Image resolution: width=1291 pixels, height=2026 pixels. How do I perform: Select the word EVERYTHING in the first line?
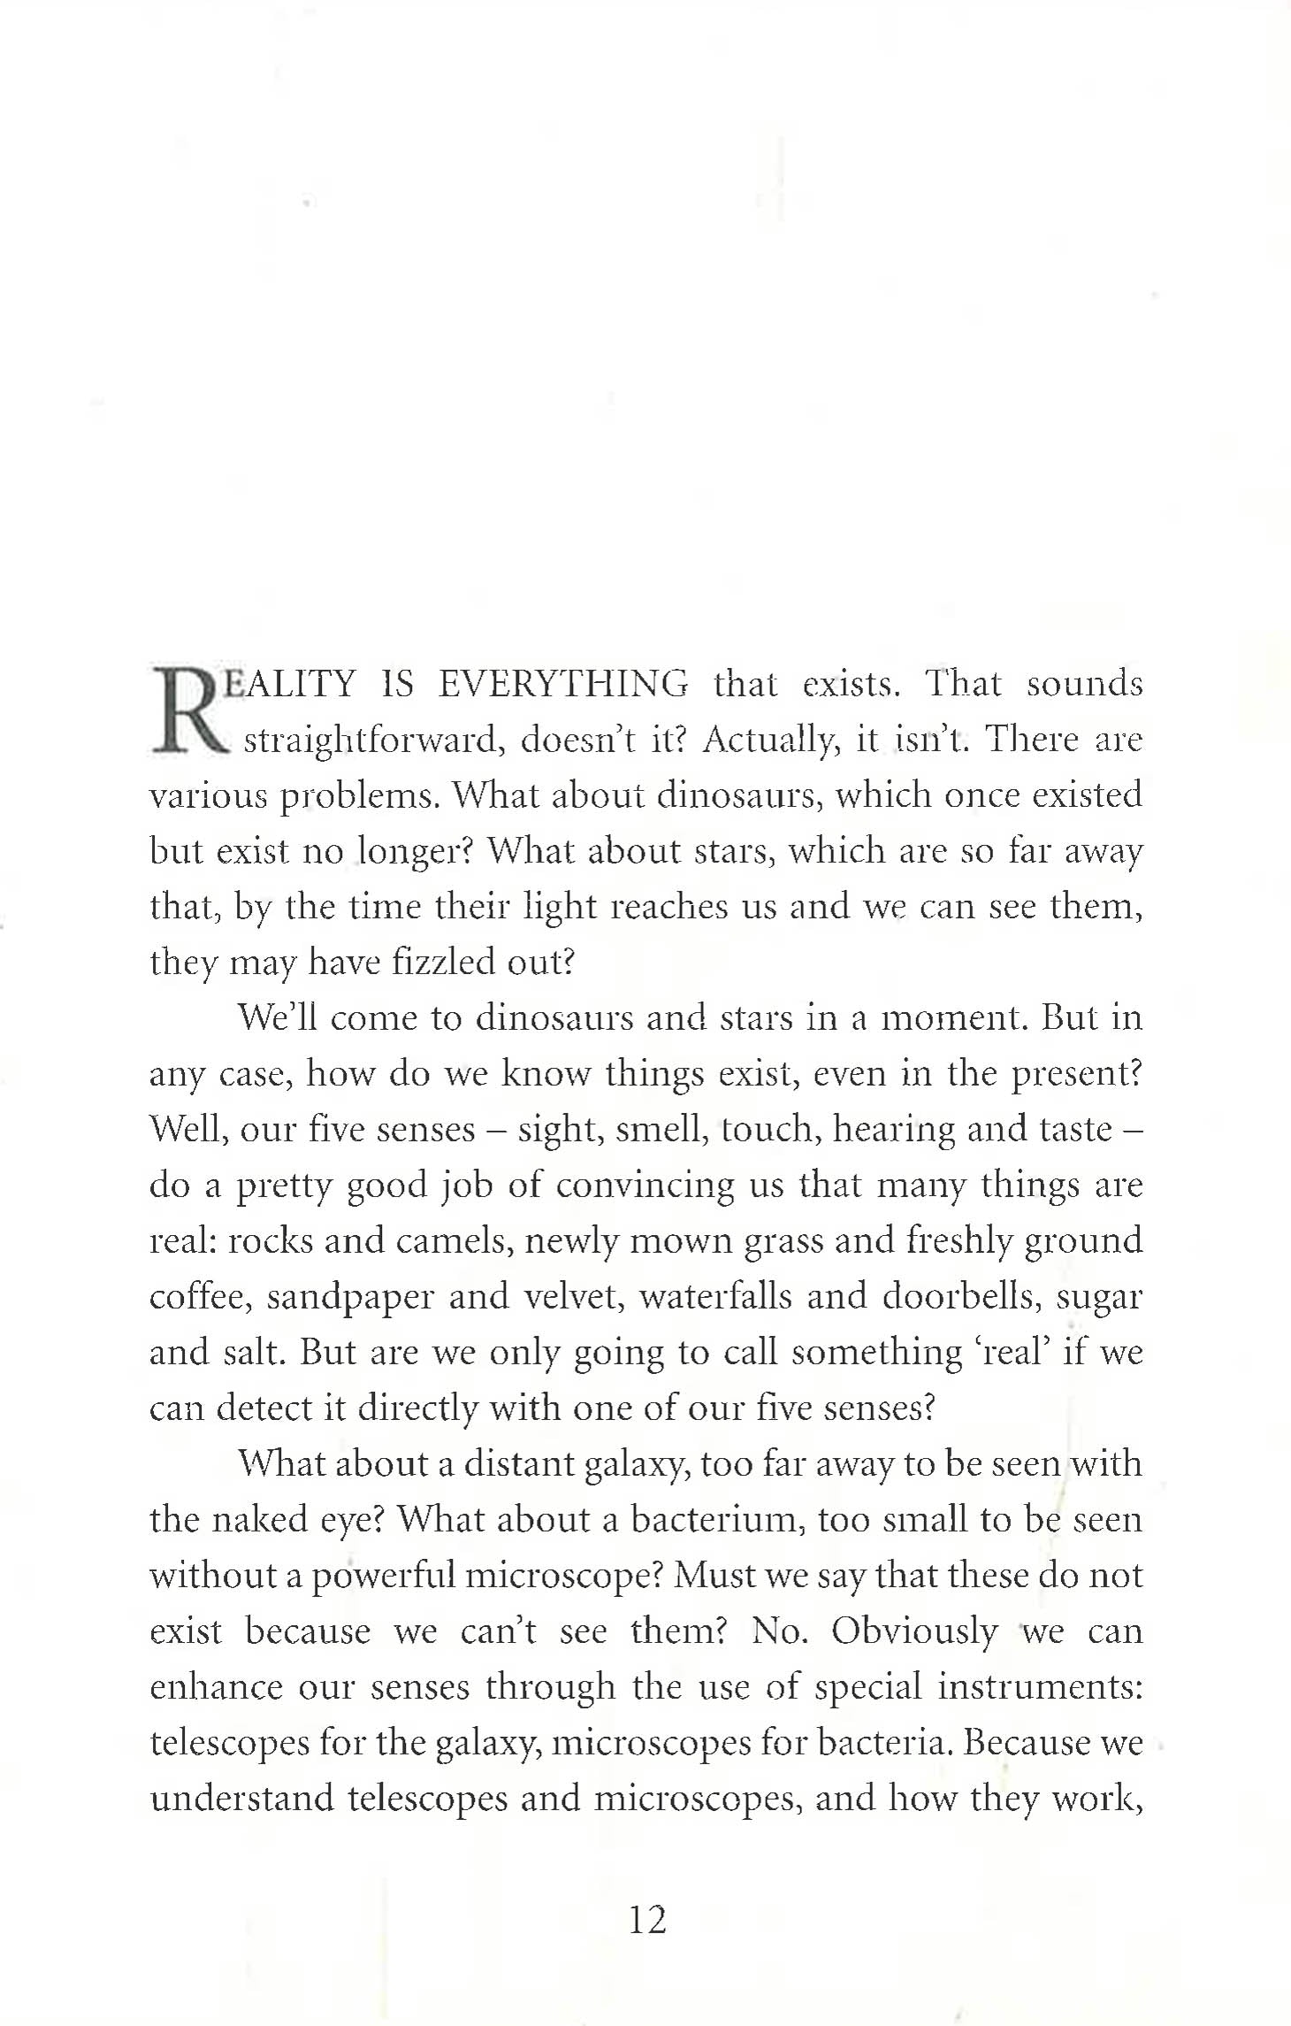(x=562, y=684)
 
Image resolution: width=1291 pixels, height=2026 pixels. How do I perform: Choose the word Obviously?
(x=914, y=1631)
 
